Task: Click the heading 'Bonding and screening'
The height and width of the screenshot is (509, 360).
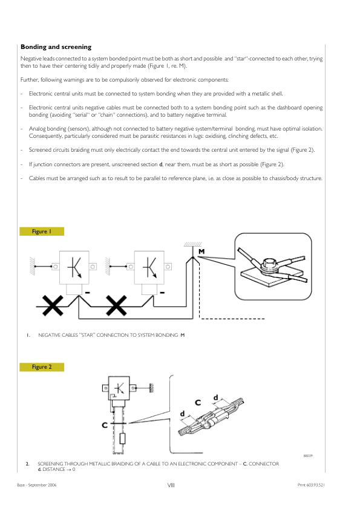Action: [x=56, y=47]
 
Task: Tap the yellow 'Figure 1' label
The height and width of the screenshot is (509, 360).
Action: [x=42, y=232]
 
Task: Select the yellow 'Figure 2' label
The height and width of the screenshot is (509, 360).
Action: [x=42, y=367]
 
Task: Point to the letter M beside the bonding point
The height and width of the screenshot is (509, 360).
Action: [x=201, y=251]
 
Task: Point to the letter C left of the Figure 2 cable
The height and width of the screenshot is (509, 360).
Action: [x=105, y=425]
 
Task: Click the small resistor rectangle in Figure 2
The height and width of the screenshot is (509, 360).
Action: [x=123, y=438]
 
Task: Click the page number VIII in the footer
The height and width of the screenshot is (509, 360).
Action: [x=171, y=485]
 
